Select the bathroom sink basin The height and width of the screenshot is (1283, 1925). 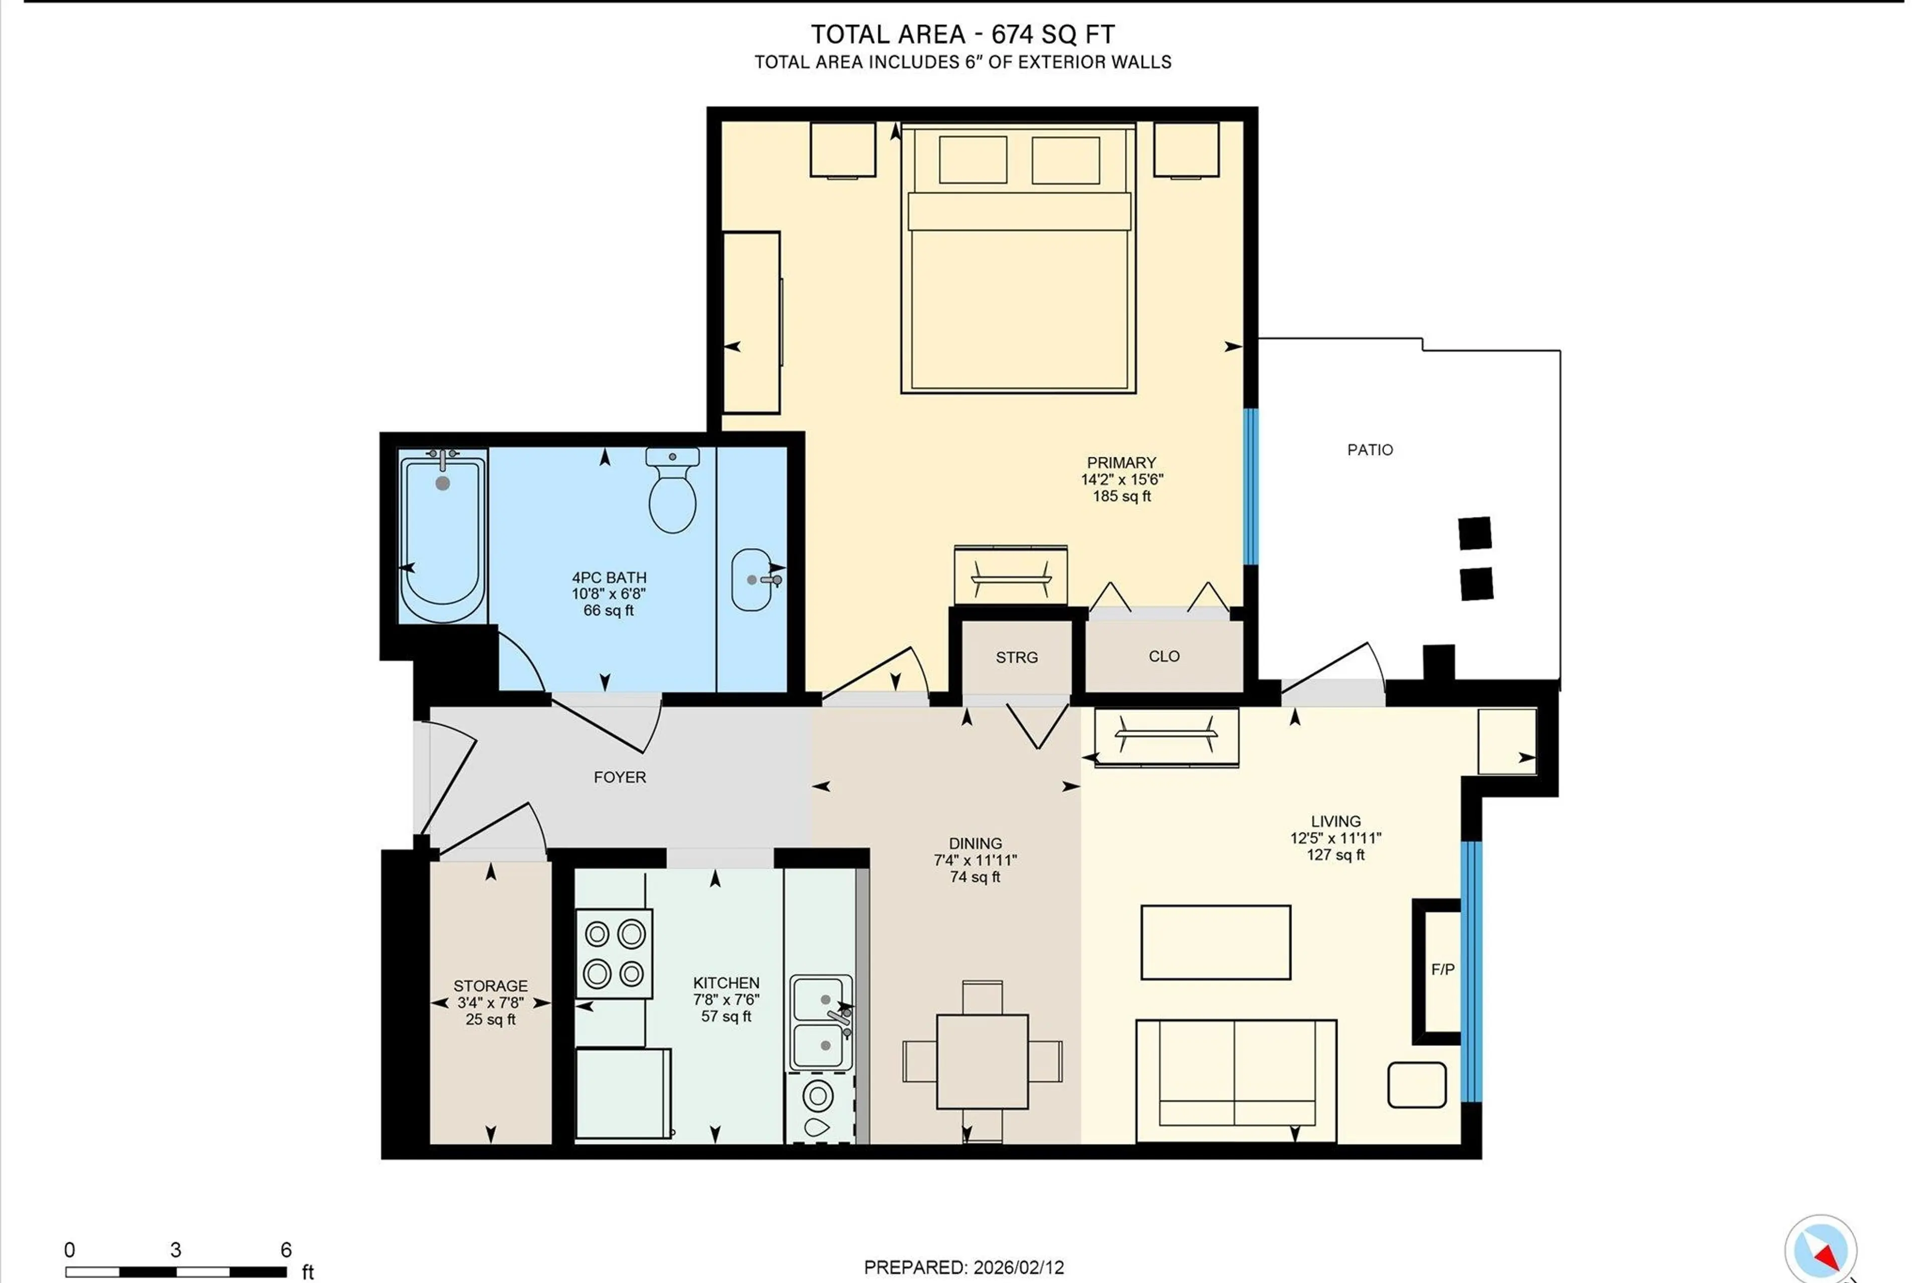pos(751,579)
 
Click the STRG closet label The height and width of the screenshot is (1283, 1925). pos(1016,657)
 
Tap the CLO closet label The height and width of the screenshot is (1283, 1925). pos(1164,656)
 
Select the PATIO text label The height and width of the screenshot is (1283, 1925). pos(1370,449)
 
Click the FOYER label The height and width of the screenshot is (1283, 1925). pos(619,777)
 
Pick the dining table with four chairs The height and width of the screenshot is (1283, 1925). pos(982,1061)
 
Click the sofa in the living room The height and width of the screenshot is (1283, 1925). pos(1235,1080)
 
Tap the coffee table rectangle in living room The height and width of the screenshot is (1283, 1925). pos(1215,942)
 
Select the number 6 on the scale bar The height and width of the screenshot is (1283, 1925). pos(286,1249)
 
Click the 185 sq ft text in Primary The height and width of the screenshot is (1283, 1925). pos(1121,496)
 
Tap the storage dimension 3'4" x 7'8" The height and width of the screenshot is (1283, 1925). pos(490,1002)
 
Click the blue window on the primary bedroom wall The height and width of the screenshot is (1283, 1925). pos(1250,487)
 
